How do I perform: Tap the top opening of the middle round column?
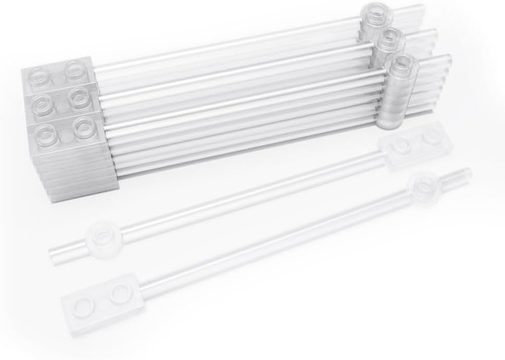pyautogui.click(x=392, y=38)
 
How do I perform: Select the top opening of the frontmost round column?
pyautogui.click(x=403, y=62)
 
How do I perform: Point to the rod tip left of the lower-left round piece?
pyautogui.click(x=54, y=253)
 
